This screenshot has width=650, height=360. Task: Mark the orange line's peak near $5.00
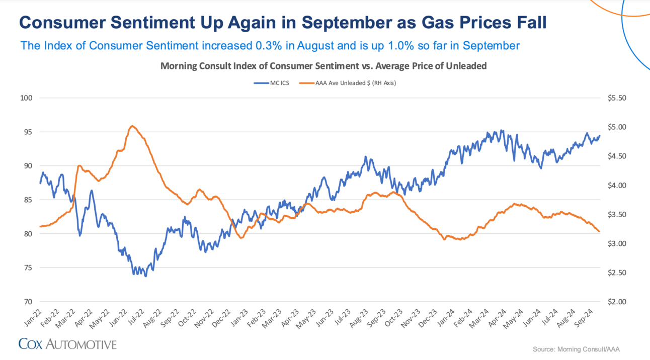click(x=132, y=126)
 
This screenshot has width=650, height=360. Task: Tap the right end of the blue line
click(x=600, y=135)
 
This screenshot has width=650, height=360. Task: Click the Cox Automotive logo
click(x=67, y=344)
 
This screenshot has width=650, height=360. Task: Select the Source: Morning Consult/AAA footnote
click(x=580, y=349)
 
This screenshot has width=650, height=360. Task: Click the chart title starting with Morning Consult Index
click(x=323, y=66)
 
